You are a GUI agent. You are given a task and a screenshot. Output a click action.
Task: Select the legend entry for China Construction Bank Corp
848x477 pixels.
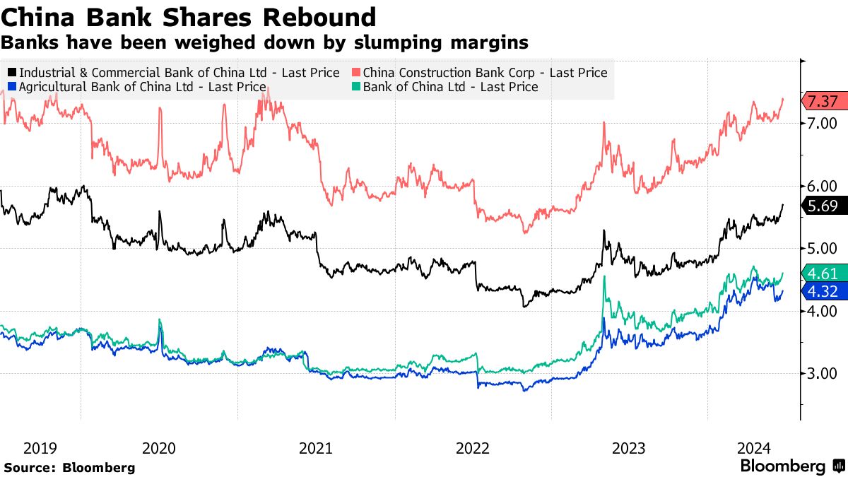[x=484, y=73]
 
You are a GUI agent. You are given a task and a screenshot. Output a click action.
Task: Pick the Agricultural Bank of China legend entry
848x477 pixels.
[x=142, y=87]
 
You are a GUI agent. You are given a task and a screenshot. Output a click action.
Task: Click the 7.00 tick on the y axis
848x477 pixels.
[x=821, y=124]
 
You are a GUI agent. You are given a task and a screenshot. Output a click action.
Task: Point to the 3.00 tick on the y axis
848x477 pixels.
[x=821, y=374]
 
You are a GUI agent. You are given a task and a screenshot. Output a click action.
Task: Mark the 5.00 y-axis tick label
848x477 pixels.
[x=821, y=249]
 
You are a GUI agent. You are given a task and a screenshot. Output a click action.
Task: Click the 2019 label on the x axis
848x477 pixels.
[x=40, y=448]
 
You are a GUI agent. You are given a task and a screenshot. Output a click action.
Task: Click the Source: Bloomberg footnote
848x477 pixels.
[x=69, y=467]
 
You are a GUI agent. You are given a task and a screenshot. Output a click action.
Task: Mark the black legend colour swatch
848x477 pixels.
[x=13, y=73]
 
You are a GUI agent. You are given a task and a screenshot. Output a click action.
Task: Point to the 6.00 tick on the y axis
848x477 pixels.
[x=821, y=187]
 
